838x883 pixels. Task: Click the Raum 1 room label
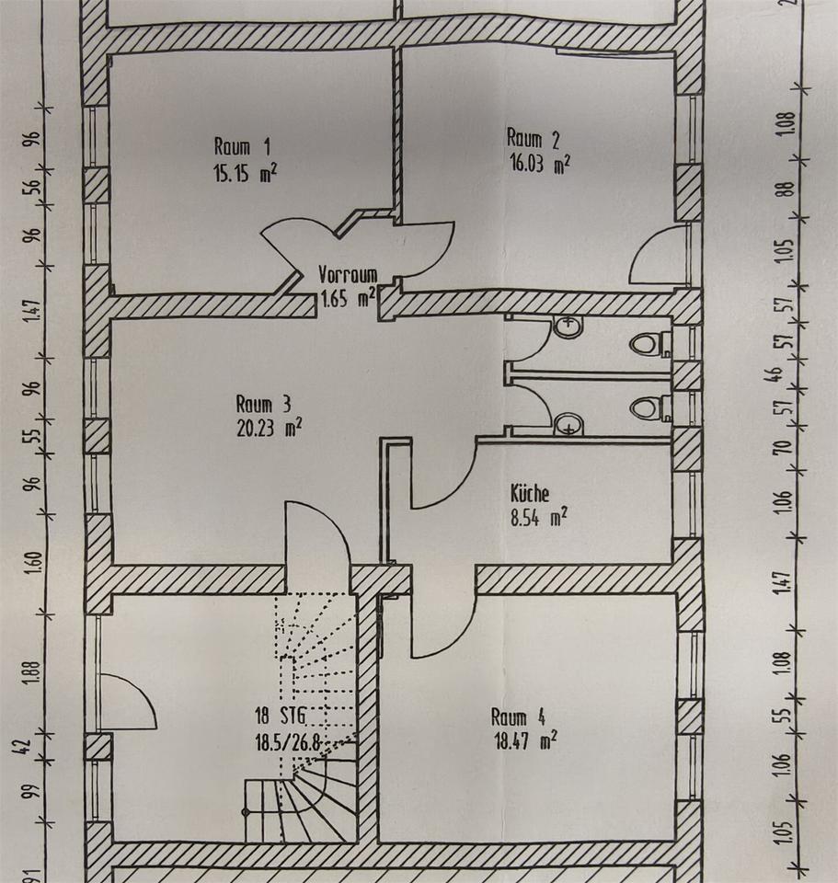[242, 145]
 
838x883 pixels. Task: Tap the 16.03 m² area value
[539, 164]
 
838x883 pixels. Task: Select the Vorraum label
[347, 274]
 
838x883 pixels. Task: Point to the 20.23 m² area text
[269, 427]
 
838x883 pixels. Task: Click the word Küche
[530, 493]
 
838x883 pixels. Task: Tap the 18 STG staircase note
[281, 716]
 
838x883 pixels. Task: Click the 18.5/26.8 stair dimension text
[293, 740]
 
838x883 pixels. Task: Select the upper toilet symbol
[649, 344]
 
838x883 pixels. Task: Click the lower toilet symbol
[649, 407]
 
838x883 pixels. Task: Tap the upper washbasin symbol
[570, 326]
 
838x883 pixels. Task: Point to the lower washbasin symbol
[570, 423]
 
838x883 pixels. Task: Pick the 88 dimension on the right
[784, 189]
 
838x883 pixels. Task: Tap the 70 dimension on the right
[784, 450]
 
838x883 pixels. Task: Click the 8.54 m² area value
[538, 518]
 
